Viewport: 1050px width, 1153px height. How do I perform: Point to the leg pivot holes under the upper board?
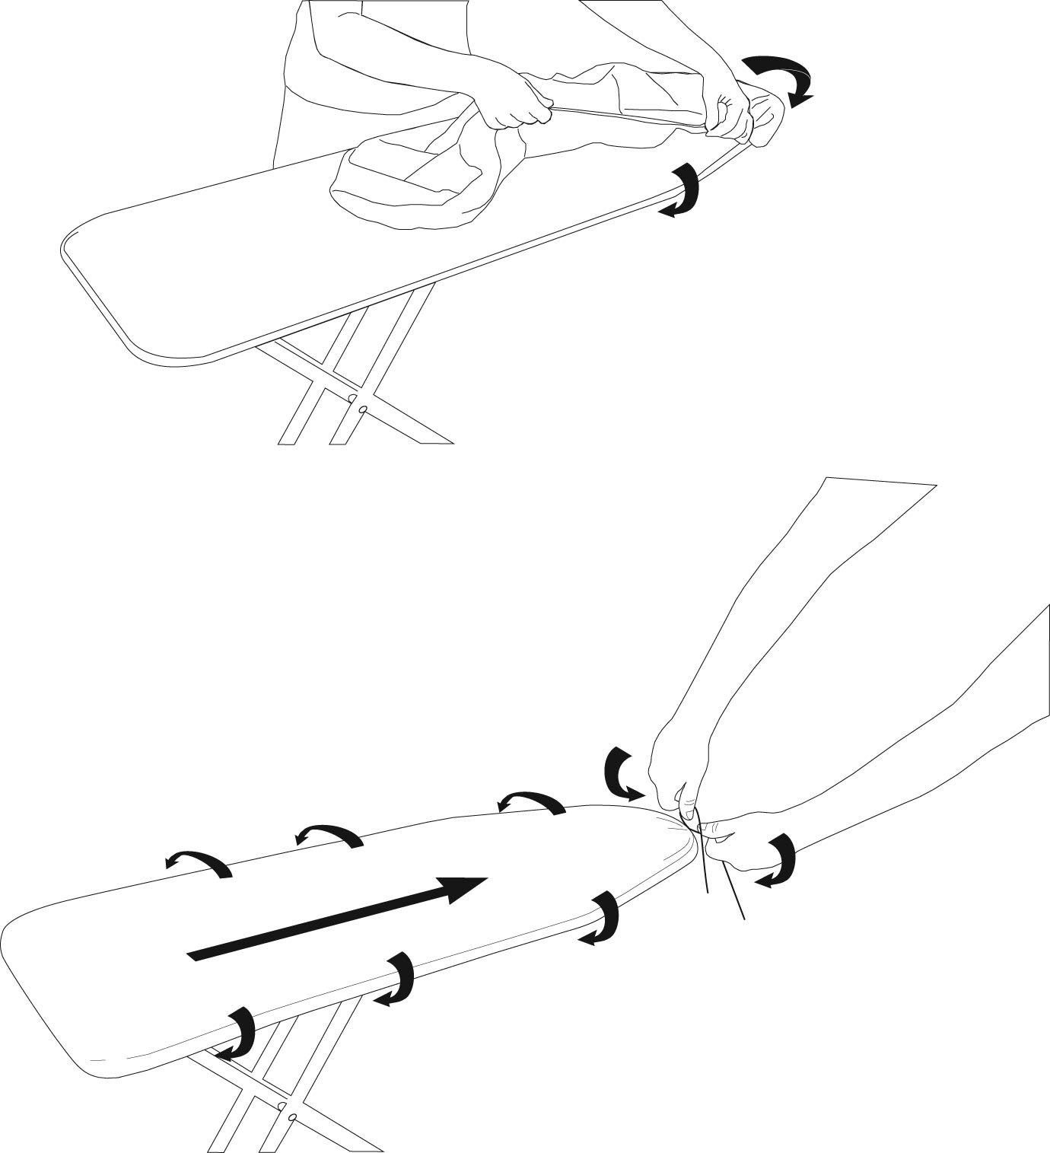(358, 404)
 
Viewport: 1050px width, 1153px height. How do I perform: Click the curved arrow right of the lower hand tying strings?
(781, 860)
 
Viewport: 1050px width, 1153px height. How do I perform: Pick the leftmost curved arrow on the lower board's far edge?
(198, 863)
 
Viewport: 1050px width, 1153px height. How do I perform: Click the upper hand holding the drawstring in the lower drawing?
(677, 769)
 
